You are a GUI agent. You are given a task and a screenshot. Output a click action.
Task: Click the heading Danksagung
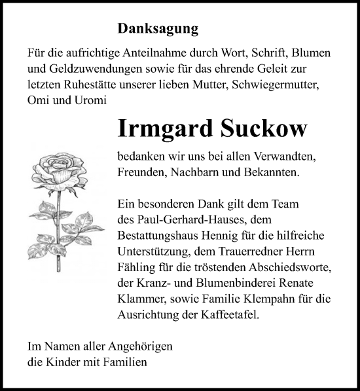pos(158,29)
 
